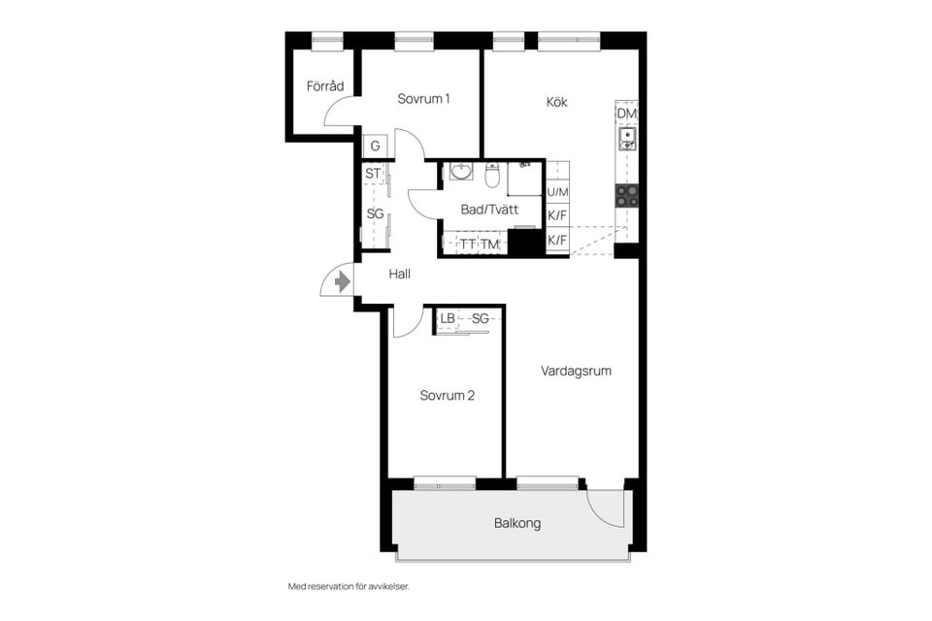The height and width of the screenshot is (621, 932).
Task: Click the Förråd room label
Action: [325, 86]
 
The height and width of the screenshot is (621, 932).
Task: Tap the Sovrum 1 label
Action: [423, 99]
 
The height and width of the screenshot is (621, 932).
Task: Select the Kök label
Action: [556, 102]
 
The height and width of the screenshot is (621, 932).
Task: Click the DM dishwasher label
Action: [627, 114]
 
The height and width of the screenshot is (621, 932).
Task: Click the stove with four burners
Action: [627, 195]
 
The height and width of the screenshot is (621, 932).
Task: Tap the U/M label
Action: [558, 193]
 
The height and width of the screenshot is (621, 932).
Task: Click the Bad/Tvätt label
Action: [489, 210]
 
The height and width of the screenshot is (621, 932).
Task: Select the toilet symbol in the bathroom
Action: [492, 176]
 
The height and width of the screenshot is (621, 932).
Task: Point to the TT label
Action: [468, 245]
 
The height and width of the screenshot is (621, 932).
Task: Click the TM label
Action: [489, 245]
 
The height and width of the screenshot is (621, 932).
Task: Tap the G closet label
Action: [374, 147]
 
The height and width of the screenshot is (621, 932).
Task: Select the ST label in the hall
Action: [373, 174]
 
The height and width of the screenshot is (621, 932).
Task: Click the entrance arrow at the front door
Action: [341, 281]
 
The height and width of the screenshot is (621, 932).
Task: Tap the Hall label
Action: [400, 275]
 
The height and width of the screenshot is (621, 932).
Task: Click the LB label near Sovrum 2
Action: [448, 318]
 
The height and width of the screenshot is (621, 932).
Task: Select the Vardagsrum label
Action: [577, 371]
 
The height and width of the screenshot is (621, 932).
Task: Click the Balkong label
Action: [517, 523]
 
